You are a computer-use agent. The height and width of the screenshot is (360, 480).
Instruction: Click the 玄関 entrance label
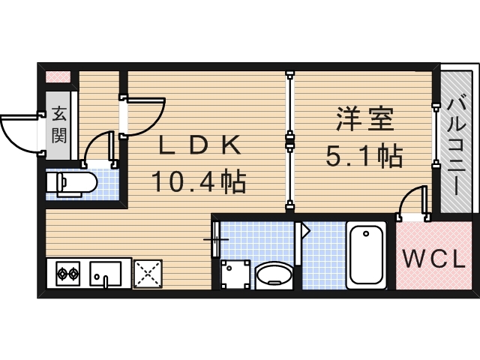coord(59,125)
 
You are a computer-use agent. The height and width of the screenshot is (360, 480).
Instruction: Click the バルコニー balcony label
coord(457,142)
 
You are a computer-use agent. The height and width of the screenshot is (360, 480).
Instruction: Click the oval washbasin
coord(272,274)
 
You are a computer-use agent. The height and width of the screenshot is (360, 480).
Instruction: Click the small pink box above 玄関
coord(58,76)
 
